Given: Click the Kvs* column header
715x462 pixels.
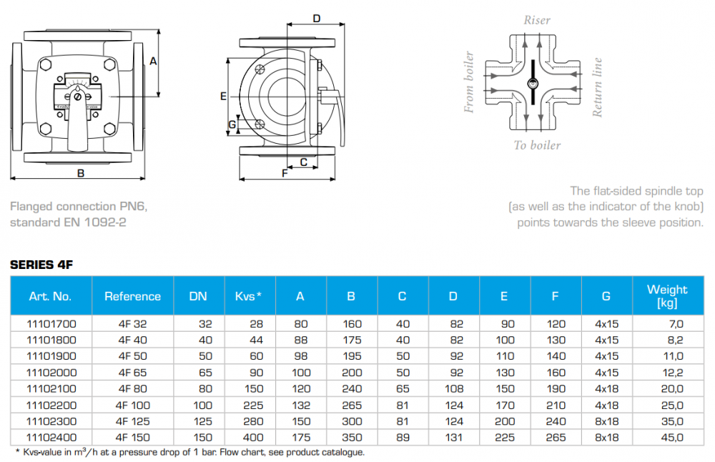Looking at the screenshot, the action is [x=249, y=296].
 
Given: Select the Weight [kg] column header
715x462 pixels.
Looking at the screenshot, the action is [x=667, y=296].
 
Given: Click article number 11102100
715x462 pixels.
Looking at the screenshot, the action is [x=51, y=388].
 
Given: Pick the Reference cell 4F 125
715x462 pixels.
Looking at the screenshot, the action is [x=133, y=421].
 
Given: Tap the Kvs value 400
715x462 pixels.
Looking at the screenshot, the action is [x=253, y=438].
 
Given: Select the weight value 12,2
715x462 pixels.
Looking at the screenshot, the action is [x=673, y=373].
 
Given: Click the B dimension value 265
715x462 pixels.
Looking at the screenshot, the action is [x=352, y=405].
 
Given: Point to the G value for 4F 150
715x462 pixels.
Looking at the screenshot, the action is [x=606, y=438].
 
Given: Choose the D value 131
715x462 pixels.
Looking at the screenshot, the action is [x=454, y=438].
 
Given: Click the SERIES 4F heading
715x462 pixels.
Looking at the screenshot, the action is [x=41, y=265].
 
